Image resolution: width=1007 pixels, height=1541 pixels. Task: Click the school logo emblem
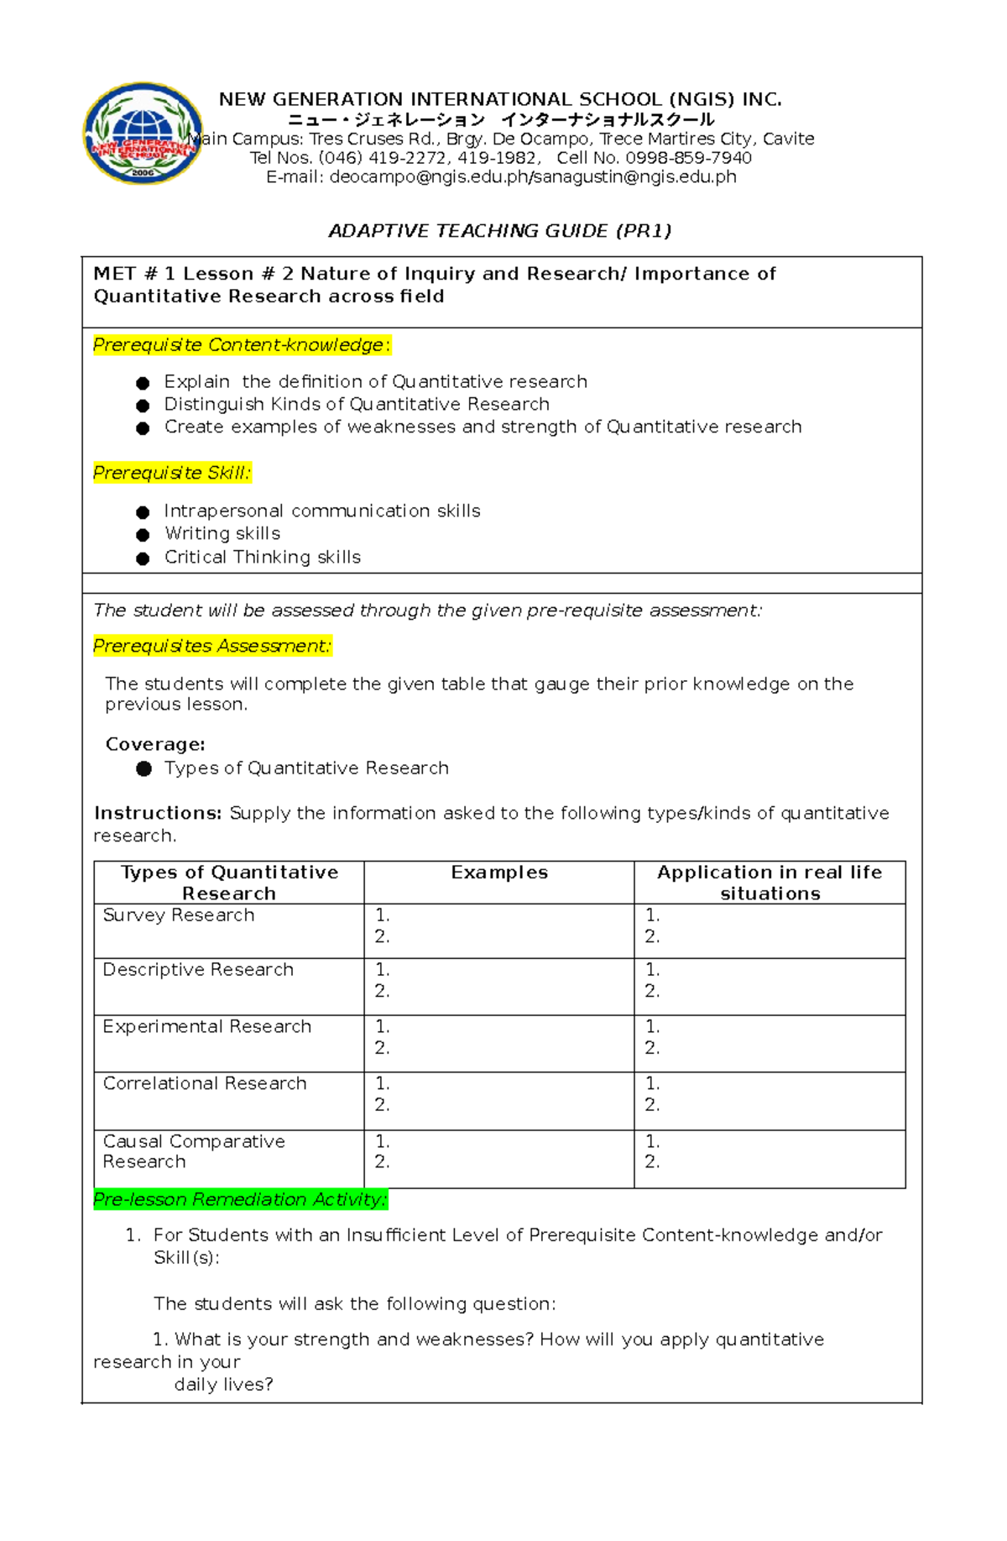[143, 133]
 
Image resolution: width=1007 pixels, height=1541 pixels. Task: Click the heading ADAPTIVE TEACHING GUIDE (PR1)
[500, 231]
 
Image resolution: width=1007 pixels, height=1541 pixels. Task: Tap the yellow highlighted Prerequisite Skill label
[171, 473]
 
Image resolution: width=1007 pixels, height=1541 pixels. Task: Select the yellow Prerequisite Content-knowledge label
[242, 345]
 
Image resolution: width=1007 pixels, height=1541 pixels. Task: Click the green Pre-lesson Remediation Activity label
[240, 1199]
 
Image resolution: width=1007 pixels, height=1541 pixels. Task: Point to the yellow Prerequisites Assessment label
[212, 646]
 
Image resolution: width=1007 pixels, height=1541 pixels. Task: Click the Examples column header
[499, 873]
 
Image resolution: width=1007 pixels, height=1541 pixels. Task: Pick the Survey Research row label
[178, 915]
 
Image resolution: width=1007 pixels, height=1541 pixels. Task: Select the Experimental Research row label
[206, 1026]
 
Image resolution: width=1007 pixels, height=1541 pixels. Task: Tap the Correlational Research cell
[205, 1083]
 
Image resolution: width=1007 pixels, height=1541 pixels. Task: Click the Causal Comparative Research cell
[193, 1151]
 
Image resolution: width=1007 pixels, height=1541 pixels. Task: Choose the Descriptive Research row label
[198, 970]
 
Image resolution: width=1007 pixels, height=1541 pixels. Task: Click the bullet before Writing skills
[143, 535]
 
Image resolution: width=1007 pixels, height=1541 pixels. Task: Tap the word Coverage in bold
[154, 745]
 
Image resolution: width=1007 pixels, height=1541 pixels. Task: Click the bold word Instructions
[157, 813]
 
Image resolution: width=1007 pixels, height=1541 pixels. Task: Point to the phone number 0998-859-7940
[688, 158]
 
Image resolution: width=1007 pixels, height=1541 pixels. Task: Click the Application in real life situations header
[770, 883]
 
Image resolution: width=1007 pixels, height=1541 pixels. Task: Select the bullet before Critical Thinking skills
[143, 558]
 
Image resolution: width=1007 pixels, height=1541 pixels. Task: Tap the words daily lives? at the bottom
[223, 1385]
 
